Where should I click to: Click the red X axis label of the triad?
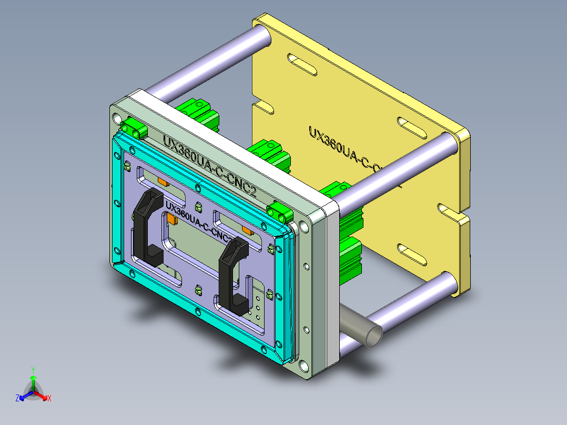tap(49, 399)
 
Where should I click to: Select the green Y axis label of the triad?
tap(33, 370)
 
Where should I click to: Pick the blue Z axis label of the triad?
tap(17, 399)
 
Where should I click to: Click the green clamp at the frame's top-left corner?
tap(134, 128)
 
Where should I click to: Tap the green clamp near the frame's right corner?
tap(279, 212)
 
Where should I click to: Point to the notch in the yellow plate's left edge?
tap(263, 106)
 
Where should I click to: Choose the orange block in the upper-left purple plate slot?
tap(163, 182)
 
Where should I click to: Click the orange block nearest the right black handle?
tap(246, 229)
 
